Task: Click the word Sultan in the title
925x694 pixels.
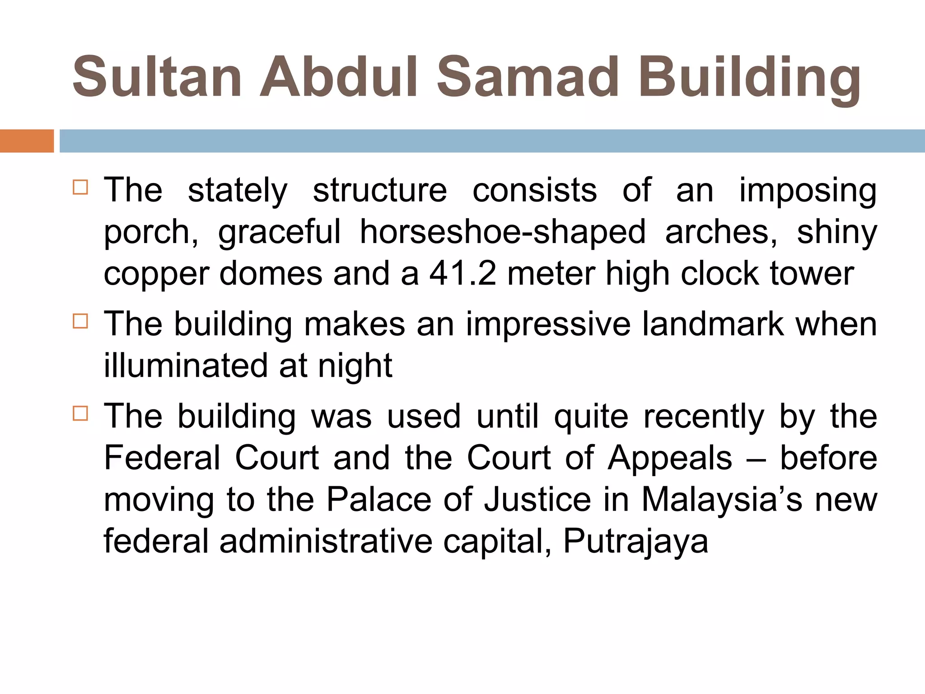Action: [x=157, y=77]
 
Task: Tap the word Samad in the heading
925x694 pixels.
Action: [x=527, y=77]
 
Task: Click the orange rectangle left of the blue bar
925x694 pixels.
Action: [x=27, y=141]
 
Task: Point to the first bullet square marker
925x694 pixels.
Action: [x=80, y=187]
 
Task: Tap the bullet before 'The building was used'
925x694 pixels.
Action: [x=80, y=413]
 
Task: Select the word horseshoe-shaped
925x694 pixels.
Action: [x=502, y=232]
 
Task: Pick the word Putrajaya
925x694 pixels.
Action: [x=635, y=541]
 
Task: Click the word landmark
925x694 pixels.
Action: [x=713, y=324]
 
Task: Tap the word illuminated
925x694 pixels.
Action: [x=186, y=366]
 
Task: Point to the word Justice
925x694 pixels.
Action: [x=537, y=499]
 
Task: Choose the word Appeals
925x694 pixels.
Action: [x=670, y=459]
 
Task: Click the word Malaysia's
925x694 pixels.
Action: [x=721, y=499]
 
